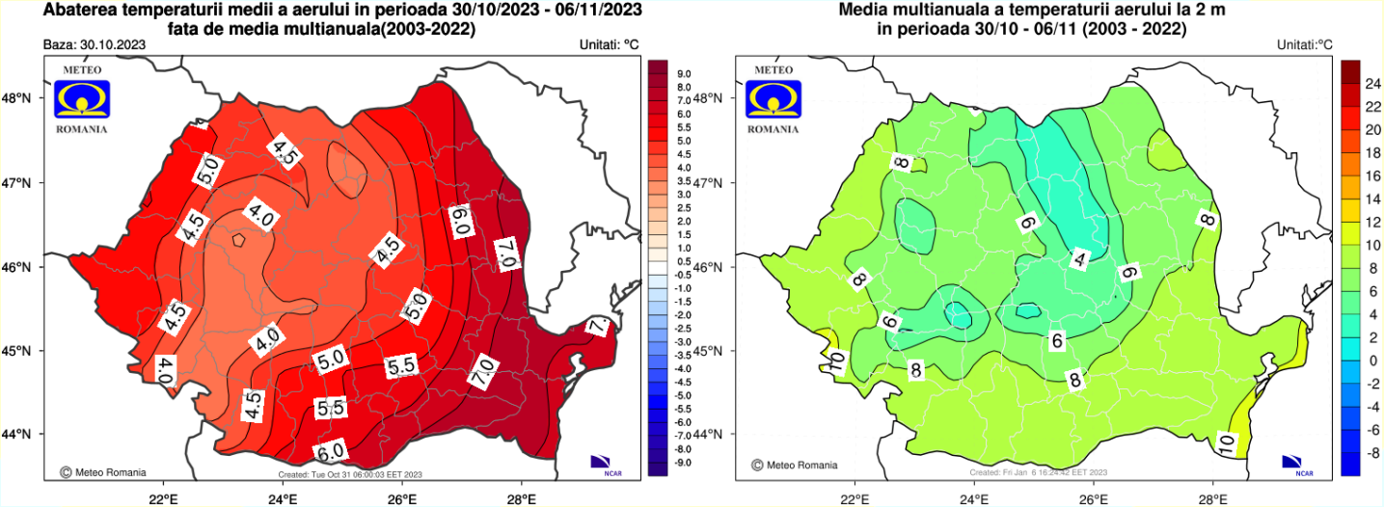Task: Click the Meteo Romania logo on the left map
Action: click(82, 99)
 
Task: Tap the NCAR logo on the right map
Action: click(1304, 465)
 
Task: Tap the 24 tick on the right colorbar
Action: click(1372, 84)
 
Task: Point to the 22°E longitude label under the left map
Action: click(162, 498)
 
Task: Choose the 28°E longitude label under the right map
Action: click(1212, 498)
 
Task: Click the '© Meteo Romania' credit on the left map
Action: click(103, 472)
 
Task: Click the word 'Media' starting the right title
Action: click(864, 11)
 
